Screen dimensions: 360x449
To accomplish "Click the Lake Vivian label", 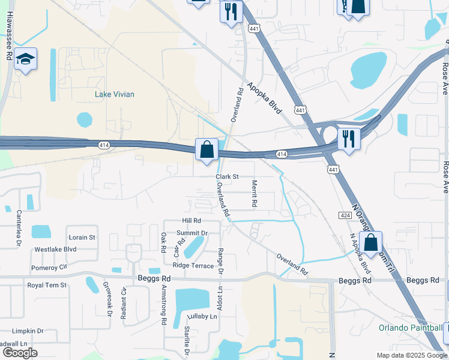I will click(114, 94).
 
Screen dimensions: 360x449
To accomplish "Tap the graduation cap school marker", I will click(25, 59).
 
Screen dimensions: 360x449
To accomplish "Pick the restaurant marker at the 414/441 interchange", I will click(349, 139).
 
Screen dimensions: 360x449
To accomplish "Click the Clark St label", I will click(228, 177).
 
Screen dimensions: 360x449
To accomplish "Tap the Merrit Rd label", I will click(255, 193).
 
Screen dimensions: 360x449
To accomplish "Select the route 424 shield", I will click(344, 215).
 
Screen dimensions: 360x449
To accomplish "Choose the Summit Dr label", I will click(191, 233).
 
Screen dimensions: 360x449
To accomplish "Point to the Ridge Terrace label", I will click(193, 265).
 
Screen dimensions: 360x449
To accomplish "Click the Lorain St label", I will click(82, 238).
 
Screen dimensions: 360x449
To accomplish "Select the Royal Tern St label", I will click(47, 285).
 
